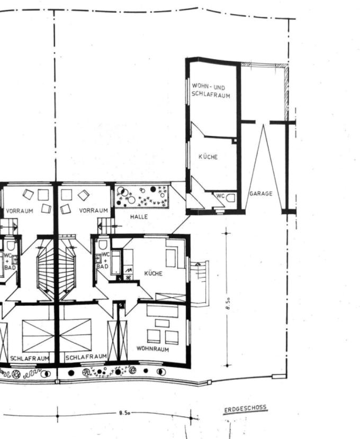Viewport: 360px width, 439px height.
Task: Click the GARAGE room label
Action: [261, 194]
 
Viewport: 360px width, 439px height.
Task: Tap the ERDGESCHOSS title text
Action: [245, 408]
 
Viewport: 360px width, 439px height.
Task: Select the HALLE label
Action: [139, 217]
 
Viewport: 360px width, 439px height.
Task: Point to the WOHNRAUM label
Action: [152, 349]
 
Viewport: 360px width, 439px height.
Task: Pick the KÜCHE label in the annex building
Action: [208, 157]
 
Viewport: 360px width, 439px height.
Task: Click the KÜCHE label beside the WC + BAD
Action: [153, 273]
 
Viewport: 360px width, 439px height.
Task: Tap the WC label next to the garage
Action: [220, 196]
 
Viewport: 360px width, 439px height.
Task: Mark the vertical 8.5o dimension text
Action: [228, 304]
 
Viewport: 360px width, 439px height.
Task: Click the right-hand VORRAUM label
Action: [93, 211]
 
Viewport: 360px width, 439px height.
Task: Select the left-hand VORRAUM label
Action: [20, 211]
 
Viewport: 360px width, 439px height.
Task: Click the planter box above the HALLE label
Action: [142, 196]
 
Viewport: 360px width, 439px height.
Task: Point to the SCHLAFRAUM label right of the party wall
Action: [86, 358]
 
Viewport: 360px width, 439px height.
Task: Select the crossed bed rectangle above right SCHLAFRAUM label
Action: [76, 335]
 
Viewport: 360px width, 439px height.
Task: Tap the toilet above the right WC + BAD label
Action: [103, 245]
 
